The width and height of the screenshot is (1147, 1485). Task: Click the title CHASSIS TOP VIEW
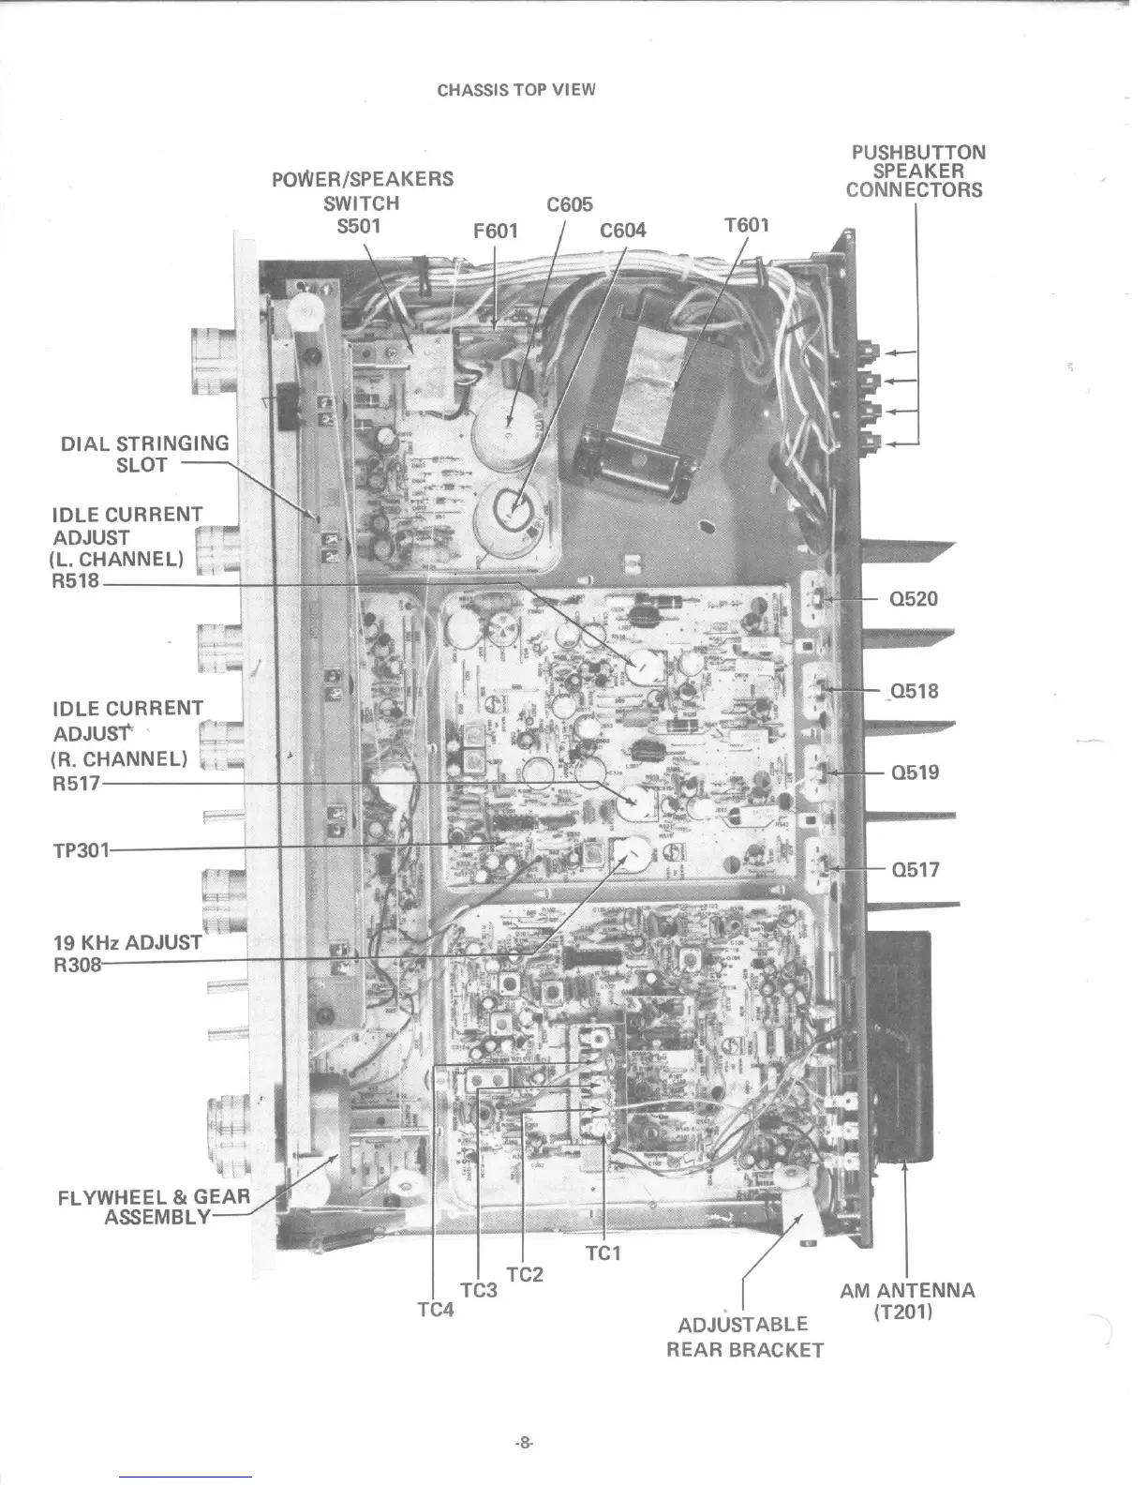(515, 90)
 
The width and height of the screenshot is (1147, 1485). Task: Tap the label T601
(746, 225)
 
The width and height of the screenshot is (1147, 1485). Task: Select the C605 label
(569, 205)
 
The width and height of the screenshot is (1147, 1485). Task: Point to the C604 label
(623, 231)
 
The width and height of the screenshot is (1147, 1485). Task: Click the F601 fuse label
(496, 231)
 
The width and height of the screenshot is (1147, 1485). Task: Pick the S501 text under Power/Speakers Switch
(359, 226)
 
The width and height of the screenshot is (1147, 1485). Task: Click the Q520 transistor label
(913, 599)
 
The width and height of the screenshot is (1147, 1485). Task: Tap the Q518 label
(914, 692)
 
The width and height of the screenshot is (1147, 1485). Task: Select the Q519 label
(914, 772)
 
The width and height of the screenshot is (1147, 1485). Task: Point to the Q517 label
(915, 870)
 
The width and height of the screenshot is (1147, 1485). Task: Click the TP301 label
(81, 850)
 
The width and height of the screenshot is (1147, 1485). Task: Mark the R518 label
(76, 581)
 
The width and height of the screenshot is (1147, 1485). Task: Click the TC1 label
(603, 1253)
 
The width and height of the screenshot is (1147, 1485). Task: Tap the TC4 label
(436, 1310)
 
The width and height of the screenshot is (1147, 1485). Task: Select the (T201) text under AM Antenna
(903, 1312)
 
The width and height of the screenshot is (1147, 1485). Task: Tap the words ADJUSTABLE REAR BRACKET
(744, 1337)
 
